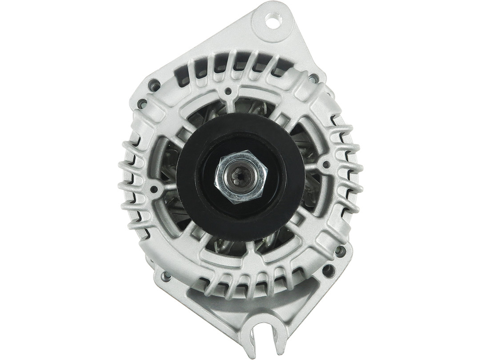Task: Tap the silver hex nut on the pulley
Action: click(x=240, y=176)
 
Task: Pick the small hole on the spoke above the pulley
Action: click(x=228, y=92)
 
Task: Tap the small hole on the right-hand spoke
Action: click(x=326, y=164)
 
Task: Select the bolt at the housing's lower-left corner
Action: click(x=165, y=276)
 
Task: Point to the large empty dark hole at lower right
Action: click(x=328, y=269)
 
